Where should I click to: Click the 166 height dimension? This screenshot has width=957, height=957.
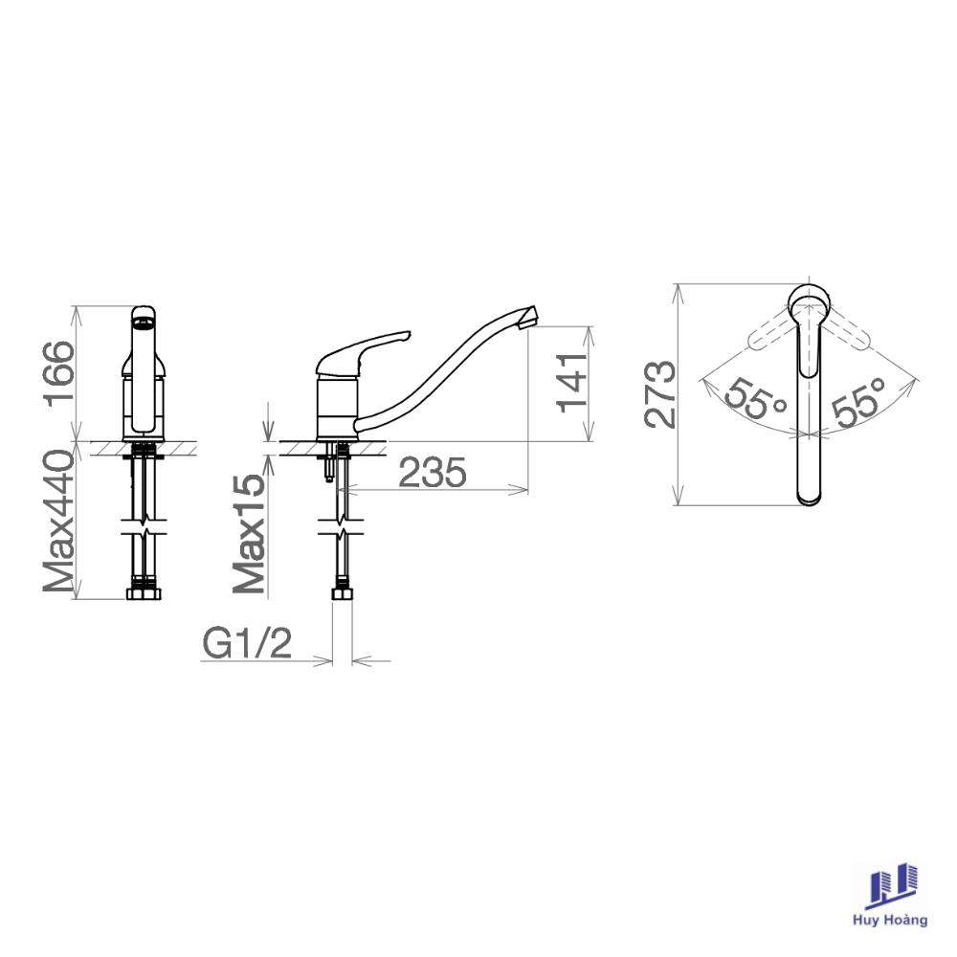pos(59,373)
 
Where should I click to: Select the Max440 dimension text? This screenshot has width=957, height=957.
pos(59,522)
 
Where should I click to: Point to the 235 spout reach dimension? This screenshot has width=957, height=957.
pos(433,473)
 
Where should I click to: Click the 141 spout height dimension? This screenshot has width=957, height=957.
pos(572,383)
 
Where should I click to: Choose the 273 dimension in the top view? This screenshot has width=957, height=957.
pos(660,395)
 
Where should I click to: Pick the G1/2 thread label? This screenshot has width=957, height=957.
pos(247,643)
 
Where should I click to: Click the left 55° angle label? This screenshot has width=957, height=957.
pos(755,398)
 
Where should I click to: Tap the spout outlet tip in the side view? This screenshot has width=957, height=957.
pos(528,318)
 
